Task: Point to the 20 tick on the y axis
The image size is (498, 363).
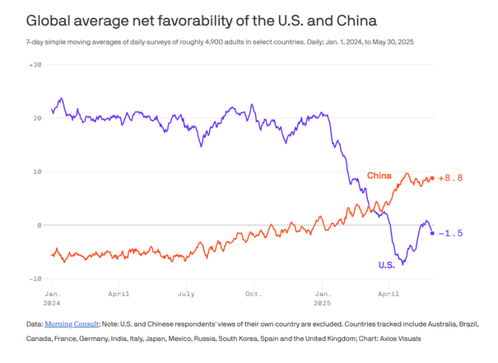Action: pos(38,118)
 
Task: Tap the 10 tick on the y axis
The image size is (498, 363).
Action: pos(38,172)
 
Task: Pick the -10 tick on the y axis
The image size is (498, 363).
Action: pos(36,279)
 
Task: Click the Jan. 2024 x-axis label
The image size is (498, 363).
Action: pos(52,297)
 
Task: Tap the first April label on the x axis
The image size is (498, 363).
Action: pos(118,293)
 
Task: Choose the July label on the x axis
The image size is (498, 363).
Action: pos(186,293)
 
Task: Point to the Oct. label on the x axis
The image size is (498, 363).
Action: pos(253,293)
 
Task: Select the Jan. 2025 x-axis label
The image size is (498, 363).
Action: pos(323,297)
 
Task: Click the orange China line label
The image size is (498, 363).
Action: pos(379,175)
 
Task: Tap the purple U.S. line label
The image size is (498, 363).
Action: pos(386,265)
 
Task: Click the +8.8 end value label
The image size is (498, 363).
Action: pos(450,179)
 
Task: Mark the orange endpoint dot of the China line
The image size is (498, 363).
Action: pos(432,178)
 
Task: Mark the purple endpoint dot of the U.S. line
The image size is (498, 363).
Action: pos(432,233)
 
